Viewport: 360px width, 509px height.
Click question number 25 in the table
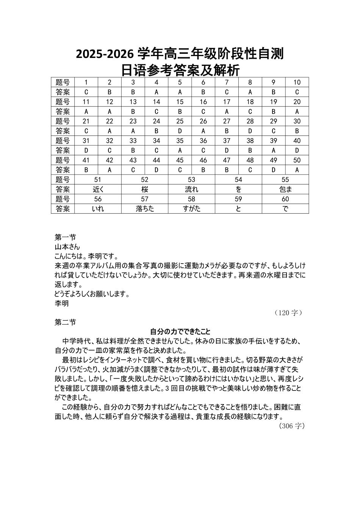[180, 121]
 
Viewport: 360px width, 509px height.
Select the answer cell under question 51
[98, 189]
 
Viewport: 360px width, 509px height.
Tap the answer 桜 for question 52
[144, 189]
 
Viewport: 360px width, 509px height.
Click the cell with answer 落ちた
[144, 209]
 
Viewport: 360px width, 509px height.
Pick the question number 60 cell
[285, 199]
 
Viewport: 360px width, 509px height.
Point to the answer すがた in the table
[191, 209]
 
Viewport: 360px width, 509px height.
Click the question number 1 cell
[86, 82]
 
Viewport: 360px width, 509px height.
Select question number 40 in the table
[297, 141]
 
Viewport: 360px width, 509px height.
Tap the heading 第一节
[65, 237]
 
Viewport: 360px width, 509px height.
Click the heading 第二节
[65, 322]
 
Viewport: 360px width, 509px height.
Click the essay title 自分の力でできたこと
[180, 332]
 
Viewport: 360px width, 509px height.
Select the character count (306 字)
[292, 426]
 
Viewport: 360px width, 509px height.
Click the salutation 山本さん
[67, 247]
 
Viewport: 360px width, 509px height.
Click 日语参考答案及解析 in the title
[180, 70]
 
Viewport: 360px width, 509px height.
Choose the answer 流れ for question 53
[191, 189]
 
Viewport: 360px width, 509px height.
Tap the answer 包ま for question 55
[285, 189]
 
